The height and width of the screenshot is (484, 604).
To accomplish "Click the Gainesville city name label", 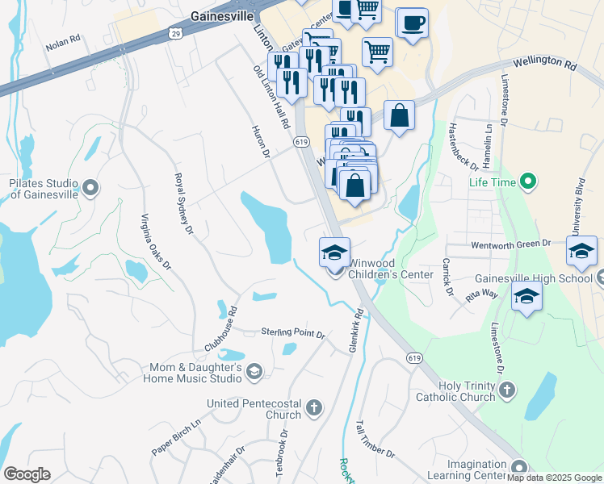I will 221,15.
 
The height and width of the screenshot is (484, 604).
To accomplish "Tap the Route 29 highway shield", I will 175,33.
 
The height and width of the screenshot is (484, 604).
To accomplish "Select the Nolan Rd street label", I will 64,43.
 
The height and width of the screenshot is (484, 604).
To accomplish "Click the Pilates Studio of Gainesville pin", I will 90,189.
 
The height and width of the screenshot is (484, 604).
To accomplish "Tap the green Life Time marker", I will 528,181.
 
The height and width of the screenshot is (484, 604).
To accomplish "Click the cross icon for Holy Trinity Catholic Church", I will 506,390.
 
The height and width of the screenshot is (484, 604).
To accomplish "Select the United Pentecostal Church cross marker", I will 314,408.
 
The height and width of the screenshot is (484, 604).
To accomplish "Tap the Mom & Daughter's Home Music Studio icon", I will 254,372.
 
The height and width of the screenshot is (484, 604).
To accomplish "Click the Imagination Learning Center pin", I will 519,466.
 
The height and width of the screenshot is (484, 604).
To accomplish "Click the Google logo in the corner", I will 27,474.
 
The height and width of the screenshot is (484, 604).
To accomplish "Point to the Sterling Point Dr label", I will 292,333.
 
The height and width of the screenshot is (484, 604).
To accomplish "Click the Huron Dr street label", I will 258,142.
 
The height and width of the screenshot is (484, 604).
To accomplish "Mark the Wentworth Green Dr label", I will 510,242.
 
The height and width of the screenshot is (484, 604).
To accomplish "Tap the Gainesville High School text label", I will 533,278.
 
